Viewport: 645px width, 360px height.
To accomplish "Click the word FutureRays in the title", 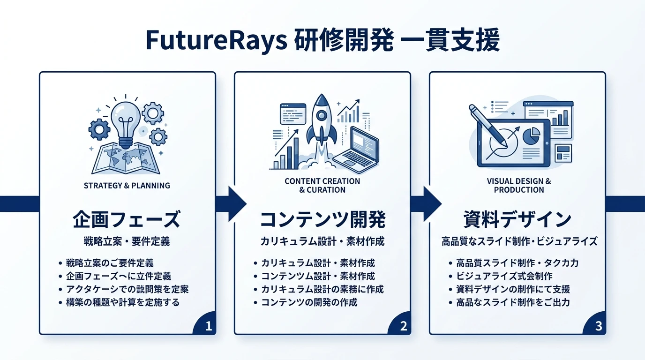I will [x=216, y=41].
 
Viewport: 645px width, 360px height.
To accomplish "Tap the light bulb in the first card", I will [x=126, y=120].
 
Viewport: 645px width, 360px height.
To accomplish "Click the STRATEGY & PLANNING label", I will [x=127, y=186].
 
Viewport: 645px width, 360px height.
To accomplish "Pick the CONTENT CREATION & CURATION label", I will [x=322, y=186].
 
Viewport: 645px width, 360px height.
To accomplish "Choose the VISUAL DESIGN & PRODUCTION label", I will [x=518, y=186].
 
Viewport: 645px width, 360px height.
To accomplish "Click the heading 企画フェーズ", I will [x=127, y=219].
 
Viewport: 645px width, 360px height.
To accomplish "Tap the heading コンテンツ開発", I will [x=322, y=219].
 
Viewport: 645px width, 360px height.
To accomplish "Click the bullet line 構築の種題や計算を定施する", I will [x=122, y=302].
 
